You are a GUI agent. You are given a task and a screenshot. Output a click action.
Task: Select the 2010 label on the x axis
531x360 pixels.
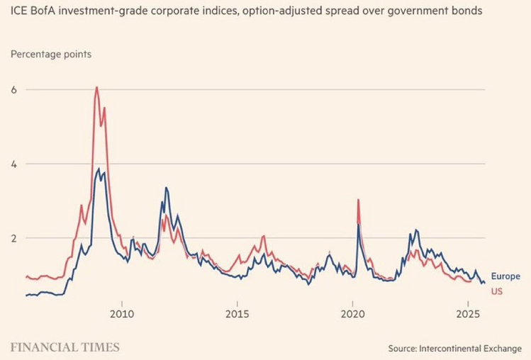122,313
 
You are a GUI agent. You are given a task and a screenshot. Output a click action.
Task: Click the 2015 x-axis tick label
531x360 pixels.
237,313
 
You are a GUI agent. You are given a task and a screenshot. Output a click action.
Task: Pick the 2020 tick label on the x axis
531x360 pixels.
352,313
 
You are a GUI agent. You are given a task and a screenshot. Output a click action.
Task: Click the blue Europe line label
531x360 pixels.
505,276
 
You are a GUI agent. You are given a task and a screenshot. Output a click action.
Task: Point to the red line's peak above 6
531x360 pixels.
96,87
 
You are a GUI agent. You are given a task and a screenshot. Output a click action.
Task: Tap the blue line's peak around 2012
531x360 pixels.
166,188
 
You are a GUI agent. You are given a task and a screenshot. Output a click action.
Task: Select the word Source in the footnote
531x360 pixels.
405,349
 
